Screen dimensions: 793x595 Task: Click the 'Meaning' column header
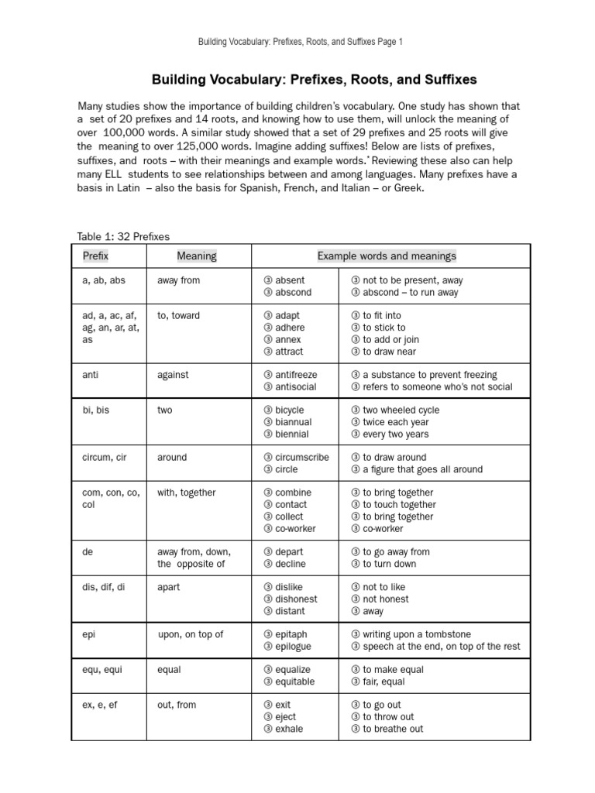point(197,256)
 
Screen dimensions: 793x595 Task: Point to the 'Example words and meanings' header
point(387,256)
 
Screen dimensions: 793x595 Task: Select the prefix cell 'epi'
point(88,634)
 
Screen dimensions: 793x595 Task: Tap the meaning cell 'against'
point(173,375)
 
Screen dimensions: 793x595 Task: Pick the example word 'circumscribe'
point(301,457)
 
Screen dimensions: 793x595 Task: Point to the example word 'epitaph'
point(289,634)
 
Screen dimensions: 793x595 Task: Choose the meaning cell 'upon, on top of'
point(191,634)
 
